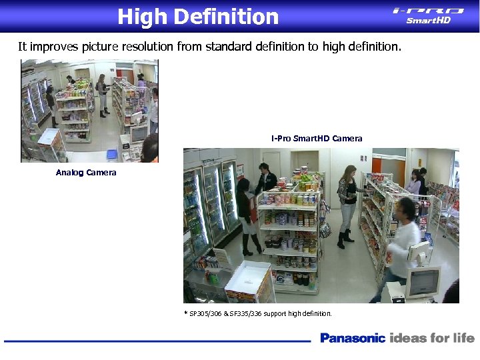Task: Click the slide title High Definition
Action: point(198,16)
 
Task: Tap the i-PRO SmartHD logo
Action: point(428,15)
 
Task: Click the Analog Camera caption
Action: point(86,173)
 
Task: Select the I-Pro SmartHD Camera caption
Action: point(317,139)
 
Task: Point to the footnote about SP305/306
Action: point(258,313)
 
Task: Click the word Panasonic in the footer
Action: point(353,338)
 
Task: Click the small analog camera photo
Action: point(89,111)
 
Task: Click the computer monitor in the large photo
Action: point(423,283)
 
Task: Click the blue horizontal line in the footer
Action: point(157,341)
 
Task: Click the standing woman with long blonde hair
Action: point(347,203)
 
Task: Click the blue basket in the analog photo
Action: point(111,154)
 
